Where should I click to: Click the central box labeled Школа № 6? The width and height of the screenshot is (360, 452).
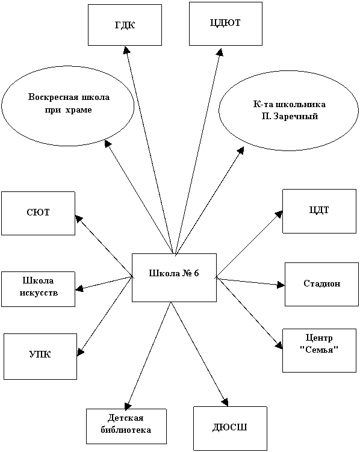174,277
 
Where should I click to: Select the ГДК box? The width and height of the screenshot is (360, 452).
125,25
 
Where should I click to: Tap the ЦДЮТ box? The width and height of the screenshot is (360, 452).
226,23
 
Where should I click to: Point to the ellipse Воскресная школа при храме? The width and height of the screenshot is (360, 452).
68,106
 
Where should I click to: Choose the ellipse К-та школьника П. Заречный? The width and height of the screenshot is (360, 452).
289,110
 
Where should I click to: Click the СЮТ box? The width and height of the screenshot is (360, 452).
38,213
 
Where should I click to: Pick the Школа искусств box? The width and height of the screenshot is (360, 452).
38,289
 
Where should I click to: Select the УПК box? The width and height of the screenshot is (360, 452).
40,356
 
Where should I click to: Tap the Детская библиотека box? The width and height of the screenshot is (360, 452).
126,426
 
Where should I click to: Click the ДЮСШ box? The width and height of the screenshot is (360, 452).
230,429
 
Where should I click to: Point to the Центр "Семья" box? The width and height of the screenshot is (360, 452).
319,350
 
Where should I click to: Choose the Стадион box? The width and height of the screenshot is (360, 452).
321,284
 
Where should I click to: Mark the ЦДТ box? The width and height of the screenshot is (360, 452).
319,211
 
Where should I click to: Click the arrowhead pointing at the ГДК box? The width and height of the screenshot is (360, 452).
126,50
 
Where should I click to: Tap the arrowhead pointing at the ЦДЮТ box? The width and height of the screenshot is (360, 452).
220,52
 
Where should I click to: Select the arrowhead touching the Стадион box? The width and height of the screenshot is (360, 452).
281,285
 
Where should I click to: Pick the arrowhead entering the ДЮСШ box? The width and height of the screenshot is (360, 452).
225,402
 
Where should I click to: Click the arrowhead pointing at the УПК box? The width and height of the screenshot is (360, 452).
81,351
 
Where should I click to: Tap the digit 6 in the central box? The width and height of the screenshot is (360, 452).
196,273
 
